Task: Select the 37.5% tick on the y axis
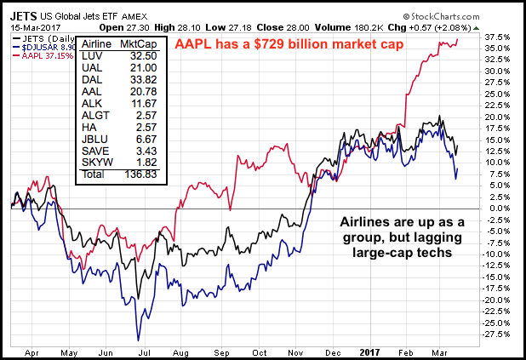tap(502, 37)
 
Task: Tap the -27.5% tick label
tap(500, 333)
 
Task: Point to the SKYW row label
tap(94, 161)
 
